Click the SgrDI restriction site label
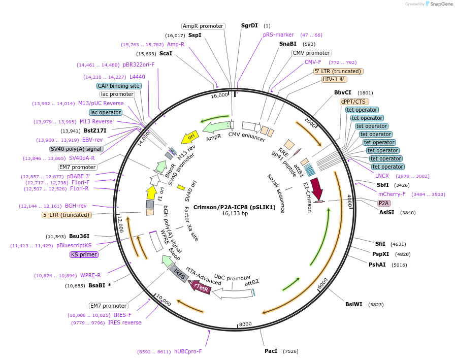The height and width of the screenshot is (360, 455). pos(249,25)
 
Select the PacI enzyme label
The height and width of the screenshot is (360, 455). pos(271,351)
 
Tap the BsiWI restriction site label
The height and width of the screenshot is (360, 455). pos(353,305)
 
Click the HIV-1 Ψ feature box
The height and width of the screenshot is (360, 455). pos(335,79)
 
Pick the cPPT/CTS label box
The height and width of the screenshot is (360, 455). pos(354,102)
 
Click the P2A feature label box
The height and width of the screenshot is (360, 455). pos(384,203)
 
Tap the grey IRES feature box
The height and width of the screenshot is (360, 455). pos(178,273)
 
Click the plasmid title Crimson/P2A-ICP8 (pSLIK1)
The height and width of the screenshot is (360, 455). pos(235,207)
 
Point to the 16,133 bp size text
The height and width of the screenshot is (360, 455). pos(235,214)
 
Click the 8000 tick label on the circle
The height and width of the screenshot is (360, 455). pos(245,324)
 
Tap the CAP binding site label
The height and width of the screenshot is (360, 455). pos(119,86)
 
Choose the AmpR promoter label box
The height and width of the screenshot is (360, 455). pos(203,26)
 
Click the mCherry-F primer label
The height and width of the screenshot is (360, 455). pos(392,194)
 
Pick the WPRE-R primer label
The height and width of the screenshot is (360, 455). pos(90,275)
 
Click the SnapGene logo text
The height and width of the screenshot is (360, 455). pos(440,4)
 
